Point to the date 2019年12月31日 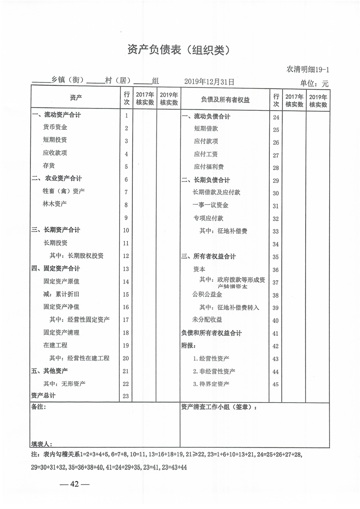(x=209, y=82)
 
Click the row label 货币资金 (x=55, y=127)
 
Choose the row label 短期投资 (x=55, y=140)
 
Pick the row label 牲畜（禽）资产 (x=64, y=191)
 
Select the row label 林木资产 (x=55, y=204)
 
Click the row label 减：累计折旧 (x=61, y=294)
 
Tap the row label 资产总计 (x=43, y=396)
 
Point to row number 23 (x=126, y=396)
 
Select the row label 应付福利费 (x=209, y=167)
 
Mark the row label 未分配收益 (x=207, y=320)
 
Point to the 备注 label (x=39, y=407)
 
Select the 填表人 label (x=42, y=443)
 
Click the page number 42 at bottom (x=75, y=484)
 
